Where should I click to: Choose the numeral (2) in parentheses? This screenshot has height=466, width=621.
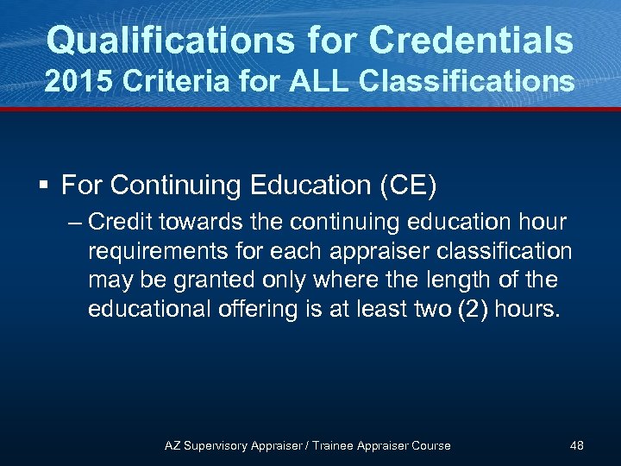point(466,309)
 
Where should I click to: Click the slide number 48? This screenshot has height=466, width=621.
point(576,445)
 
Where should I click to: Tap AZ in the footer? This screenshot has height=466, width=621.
point(172,445)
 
